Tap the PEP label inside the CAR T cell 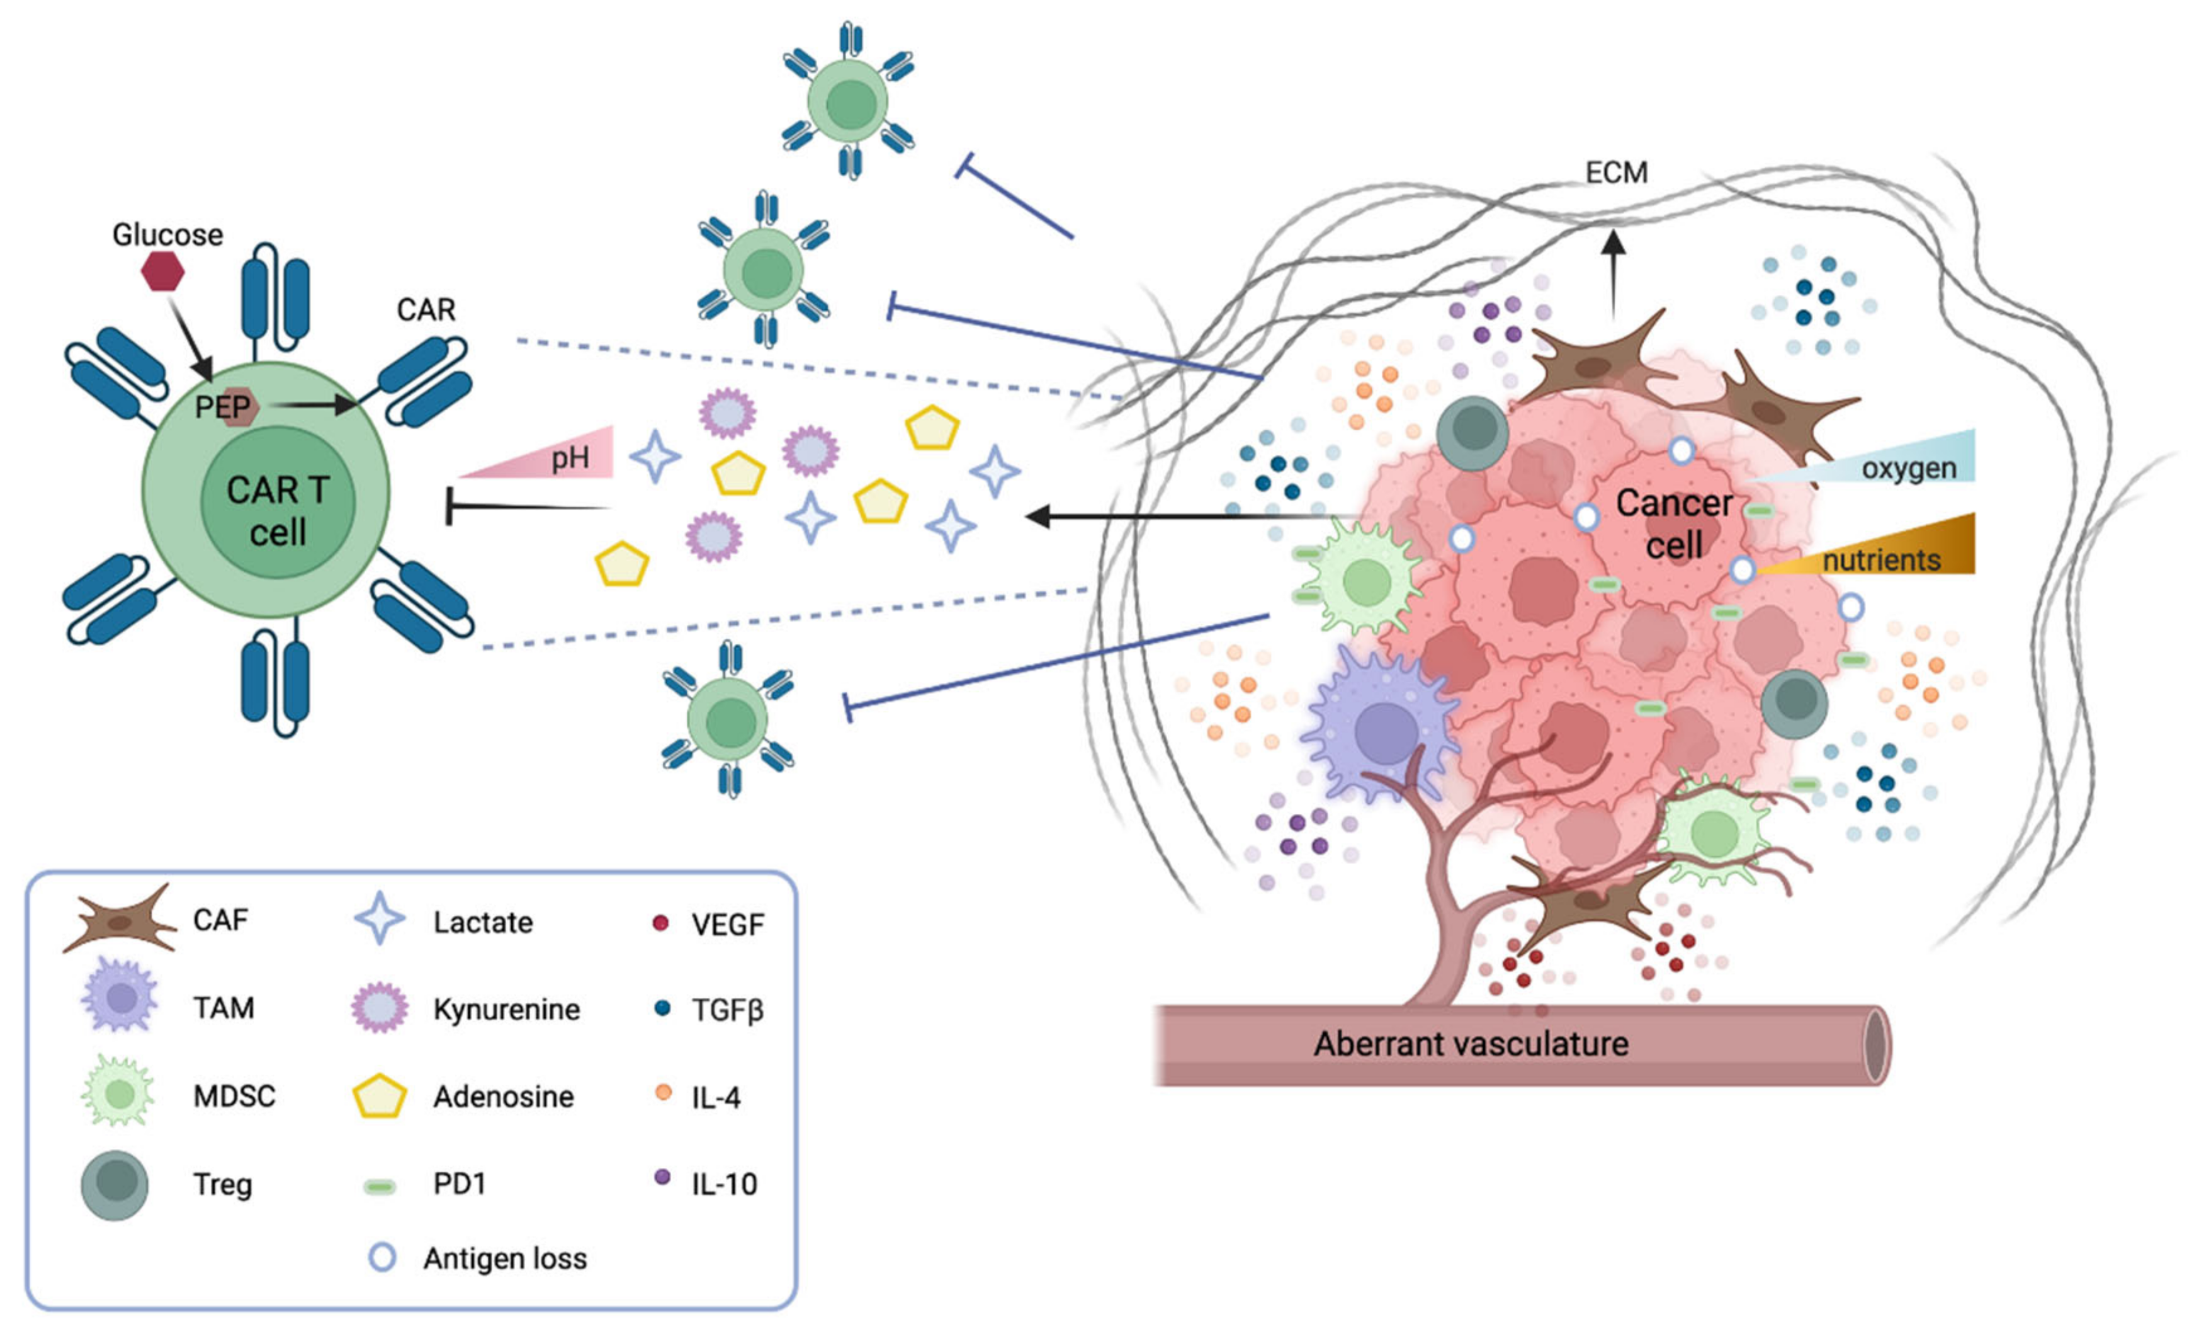[223, 408]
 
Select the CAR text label [426, 310]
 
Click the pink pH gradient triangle [555, 457]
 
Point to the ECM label [1615, 172]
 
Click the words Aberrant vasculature [1471, 1043]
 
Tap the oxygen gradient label [1909, 468]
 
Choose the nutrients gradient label [1881, 560]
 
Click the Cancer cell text [1673, 523]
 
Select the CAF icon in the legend [120, 920]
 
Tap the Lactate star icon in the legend [380, 919]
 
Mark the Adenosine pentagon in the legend [380, 1096]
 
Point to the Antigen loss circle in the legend [382, 1257]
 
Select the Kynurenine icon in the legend [380, 1008]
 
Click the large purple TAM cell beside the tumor [1382, 729]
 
